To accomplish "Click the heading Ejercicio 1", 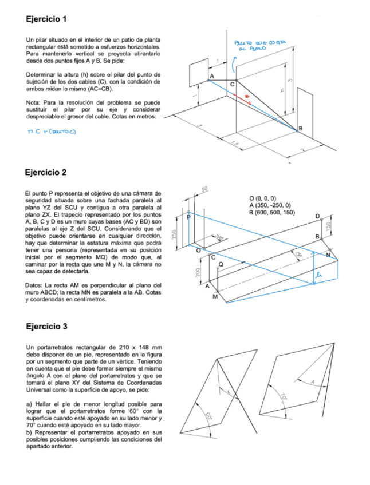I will [47, 19].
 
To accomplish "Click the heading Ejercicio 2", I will [46, 172].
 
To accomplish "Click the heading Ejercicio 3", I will [47, 327].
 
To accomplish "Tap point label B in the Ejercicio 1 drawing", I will [300, 128].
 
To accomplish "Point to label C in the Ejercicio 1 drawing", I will [232, 85].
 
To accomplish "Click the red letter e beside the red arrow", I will [247, 97].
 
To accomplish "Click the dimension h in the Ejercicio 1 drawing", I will [282, 90].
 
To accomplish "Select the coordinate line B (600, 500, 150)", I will [272, 213].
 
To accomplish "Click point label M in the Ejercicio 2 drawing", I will [215, 297].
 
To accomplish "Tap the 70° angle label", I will [283, 395].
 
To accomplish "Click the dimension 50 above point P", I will [204, 189].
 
